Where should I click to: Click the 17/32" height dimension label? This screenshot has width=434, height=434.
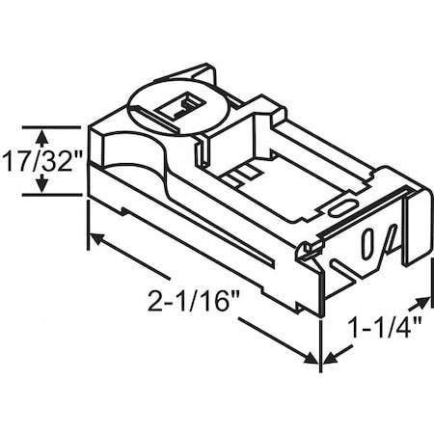pos(41,161)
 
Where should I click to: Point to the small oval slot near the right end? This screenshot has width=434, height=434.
pos(339,206)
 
